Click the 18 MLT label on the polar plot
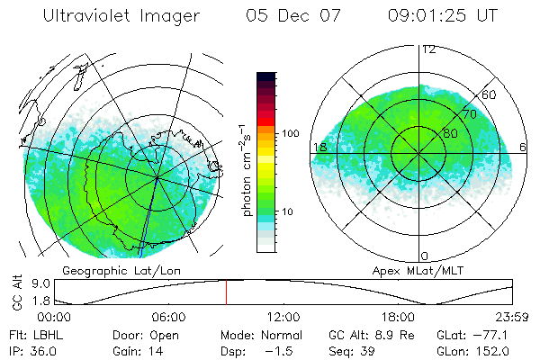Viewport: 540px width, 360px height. tap(319, 147)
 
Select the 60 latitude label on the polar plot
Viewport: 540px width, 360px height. tap(490, 94)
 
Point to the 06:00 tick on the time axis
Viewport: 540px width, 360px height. tap(168, 317)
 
